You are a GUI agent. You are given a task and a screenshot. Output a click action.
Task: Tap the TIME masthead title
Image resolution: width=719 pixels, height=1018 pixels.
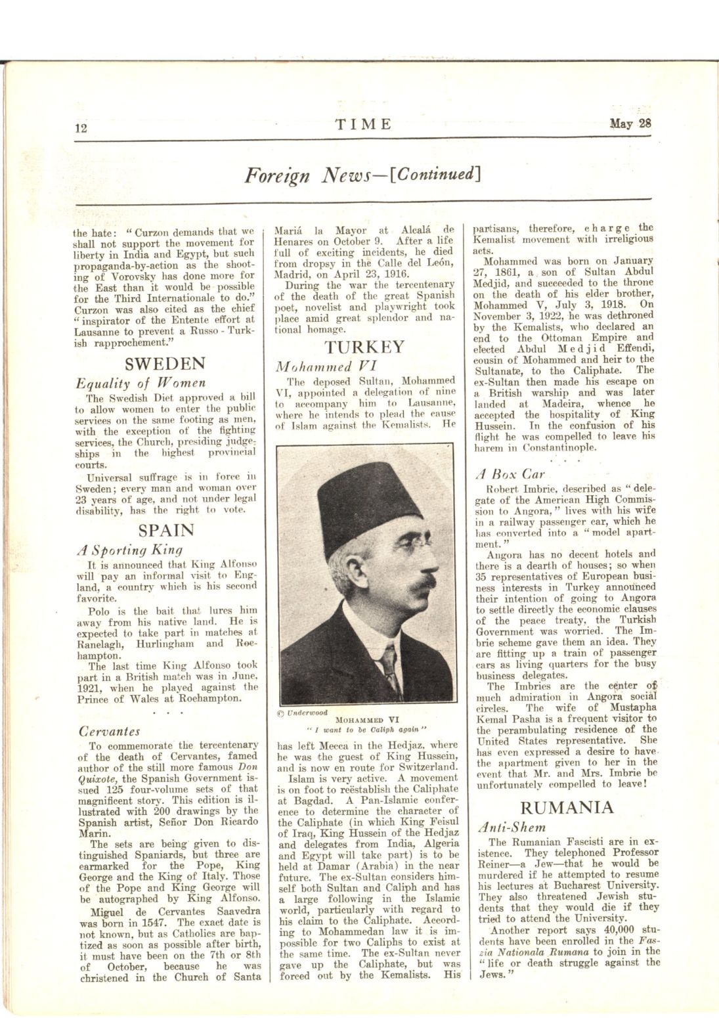coord(363,124)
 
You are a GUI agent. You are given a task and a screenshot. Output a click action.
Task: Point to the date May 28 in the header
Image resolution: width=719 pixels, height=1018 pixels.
coord(630,123)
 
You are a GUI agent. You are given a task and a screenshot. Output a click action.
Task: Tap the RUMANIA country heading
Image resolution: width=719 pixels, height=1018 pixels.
coord(567,807)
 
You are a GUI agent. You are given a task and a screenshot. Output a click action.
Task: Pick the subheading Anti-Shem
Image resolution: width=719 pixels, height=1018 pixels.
coord(513,828)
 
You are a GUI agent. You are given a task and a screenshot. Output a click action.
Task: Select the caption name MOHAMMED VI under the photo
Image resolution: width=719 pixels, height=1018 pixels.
coord(367,719)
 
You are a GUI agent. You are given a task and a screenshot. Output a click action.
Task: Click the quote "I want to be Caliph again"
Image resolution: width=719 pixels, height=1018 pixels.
coord(367,728)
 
